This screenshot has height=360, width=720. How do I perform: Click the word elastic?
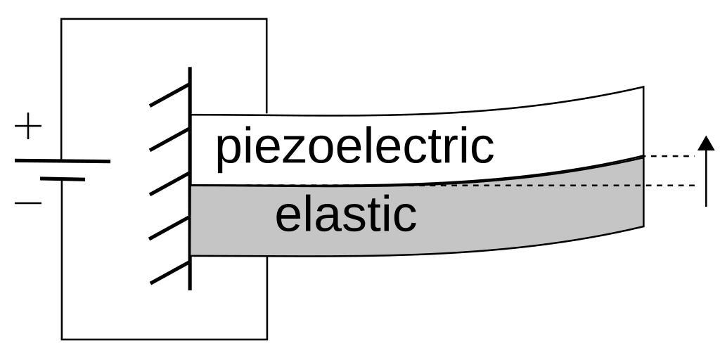click(x=345, y=215)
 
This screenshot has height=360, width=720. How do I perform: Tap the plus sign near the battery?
click(x=28, y=127)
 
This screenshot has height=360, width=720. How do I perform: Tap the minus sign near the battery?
click(x=28, y=203)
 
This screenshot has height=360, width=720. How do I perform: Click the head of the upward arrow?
click(x=706, y=143)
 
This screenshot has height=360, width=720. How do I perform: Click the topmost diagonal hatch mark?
click(x=169, y=94)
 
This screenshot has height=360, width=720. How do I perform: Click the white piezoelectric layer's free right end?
click(x=642, y=122)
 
